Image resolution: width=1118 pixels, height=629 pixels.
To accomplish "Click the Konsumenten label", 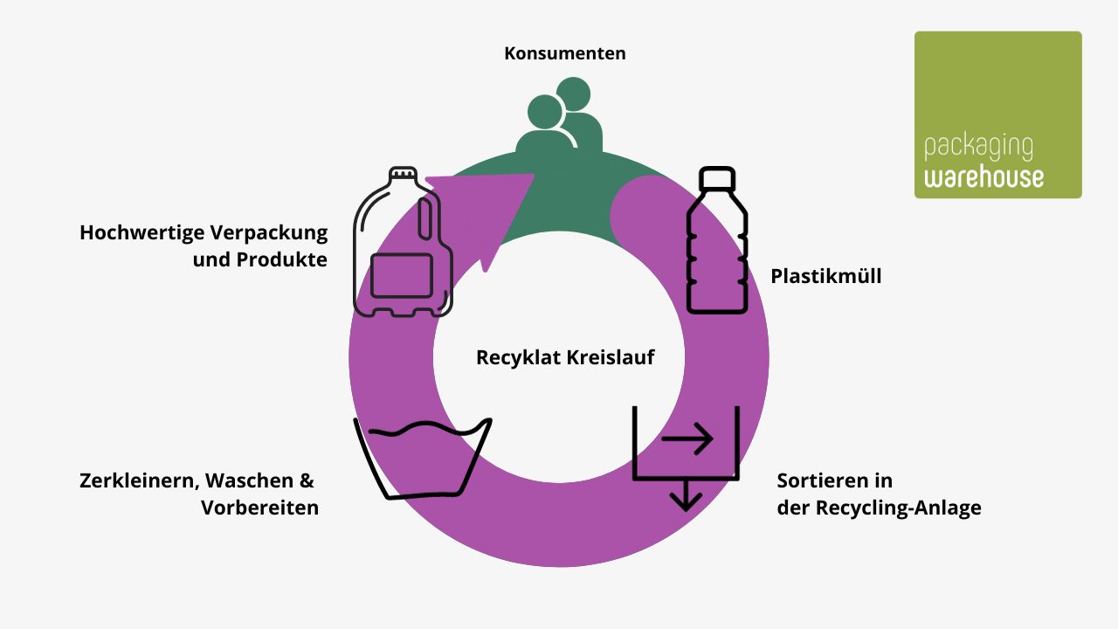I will click(564, 53).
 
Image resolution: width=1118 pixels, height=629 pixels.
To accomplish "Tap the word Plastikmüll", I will click(825, 277).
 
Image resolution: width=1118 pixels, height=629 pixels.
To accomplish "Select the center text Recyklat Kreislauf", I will click(564, 357).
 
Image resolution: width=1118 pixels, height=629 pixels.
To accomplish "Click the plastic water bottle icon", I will click(717, 240).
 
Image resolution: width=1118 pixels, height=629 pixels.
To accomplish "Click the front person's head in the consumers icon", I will click(545, 113).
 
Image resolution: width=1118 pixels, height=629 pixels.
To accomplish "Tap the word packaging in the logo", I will click(977, 149).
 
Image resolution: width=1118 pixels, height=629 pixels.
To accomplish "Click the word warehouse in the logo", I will click(983, 177).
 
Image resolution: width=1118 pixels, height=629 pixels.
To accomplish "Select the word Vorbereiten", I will click(259, 508).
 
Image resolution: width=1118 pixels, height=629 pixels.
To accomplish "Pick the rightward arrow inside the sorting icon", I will click(687, 439).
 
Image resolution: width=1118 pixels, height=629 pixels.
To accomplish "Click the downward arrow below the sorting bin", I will click(686, 495).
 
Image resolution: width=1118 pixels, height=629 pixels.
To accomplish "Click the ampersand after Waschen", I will click(306, 480).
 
